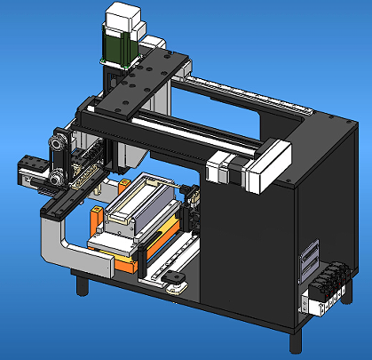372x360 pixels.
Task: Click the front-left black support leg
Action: tap(82, 284)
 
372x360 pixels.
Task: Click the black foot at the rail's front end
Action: tap(174, 284)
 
